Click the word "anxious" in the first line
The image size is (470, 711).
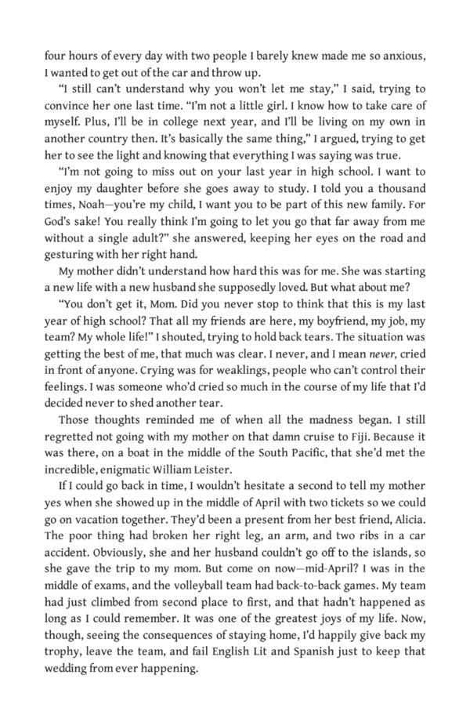[x=401, y=56]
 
